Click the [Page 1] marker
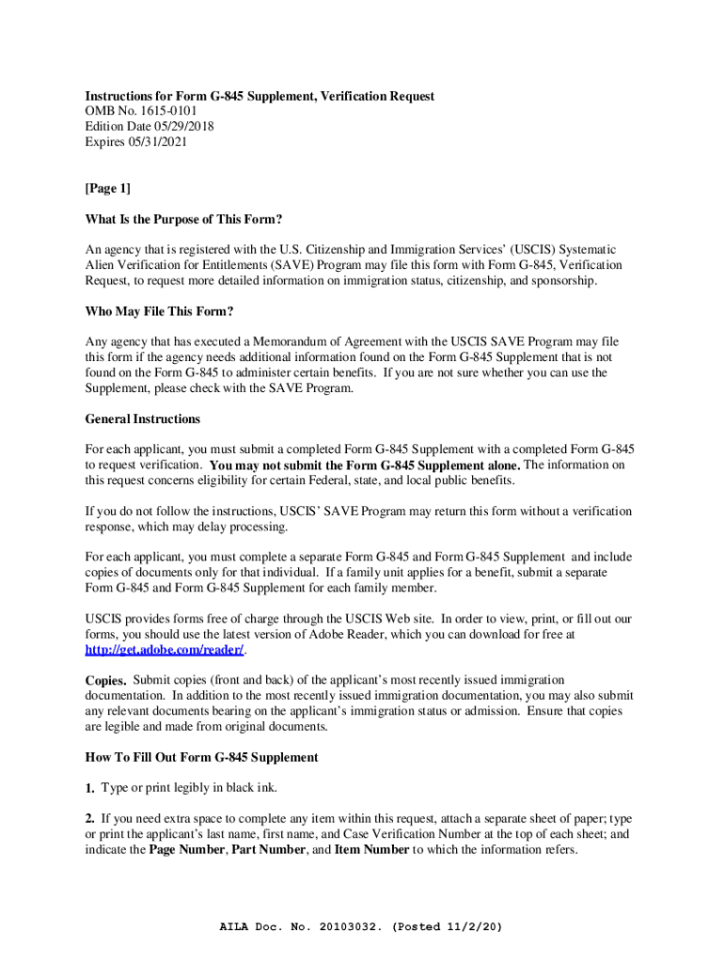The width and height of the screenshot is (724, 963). (x=108, y=188)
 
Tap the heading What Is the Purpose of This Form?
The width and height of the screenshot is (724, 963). (x=183, y=219)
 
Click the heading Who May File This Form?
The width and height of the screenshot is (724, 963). (x=159, y=311)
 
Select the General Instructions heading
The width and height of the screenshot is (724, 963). (x=142, y=418)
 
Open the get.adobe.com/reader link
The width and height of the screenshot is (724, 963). (x=165, y=650)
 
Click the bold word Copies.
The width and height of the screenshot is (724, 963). (x=105, y=680)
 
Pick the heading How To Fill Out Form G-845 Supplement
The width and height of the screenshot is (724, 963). (x=201, y=757)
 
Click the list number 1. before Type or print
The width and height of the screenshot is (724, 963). (x=90, y=787)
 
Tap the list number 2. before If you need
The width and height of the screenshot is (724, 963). (x=90, y=818)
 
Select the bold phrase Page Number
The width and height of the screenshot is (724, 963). (x=186, y=849)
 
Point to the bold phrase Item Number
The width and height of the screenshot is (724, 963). (x=371, y=849)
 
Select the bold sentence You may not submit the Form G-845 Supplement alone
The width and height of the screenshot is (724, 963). (x=365, y=466)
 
